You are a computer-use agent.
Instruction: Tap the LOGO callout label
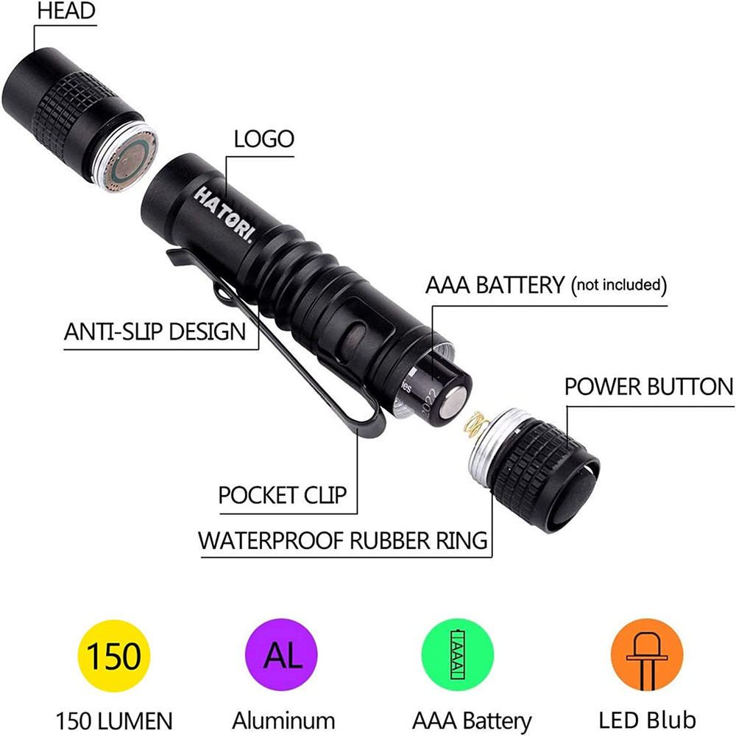tap(263, 139)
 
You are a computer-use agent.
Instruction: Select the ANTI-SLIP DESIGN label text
tap(155, 332)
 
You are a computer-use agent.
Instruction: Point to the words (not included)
tap(619, 284)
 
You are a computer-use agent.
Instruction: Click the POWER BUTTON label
tap(648, 386)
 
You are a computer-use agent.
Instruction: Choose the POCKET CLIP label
tap(282, 495)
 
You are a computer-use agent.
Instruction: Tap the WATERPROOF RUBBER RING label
tap(343, 540)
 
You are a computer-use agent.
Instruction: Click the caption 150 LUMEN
tap(114, 719)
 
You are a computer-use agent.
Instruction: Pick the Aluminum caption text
tap(283, 719)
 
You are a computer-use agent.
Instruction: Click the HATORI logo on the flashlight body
tap(224, 214)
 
